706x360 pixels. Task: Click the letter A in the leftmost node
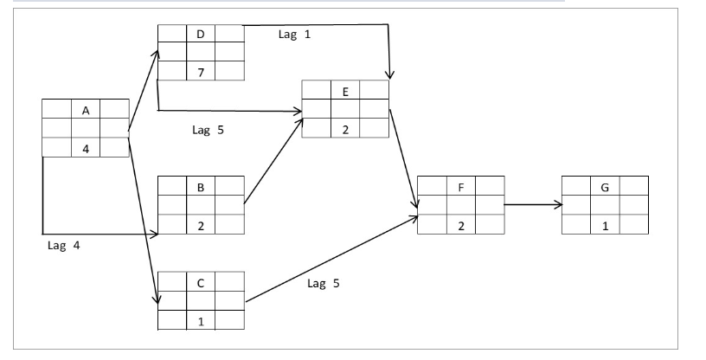pyautogui.click(x=86, y=110)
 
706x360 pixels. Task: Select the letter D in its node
pyautogui.click(x=201, y=34)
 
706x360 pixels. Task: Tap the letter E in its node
pyautogui.click(x=345, y=89)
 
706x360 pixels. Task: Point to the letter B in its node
pyautogui.click(x=201, y=186)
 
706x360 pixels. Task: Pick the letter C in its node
pyautogui.click(x=201, y=281)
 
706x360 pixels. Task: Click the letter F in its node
pyautogui.click(x=460, y=186)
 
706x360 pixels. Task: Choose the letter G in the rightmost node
pyautogui.click(x=605, y=186)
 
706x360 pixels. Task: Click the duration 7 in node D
pyautogui.click(x=201, y=72)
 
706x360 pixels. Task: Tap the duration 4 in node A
pyautogui.click(x=86, y=148)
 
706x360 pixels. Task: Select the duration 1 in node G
pyautogui.click(x=605, y=224)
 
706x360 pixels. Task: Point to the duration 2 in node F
pyautogui.click(x=460, y=224)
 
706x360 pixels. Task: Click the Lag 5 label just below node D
pyautogui.click(x=207, y=132)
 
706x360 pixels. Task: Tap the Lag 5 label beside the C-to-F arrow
pyautogui.click(x=323, y=284)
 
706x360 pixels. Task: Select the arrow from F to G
pyautogui.click(x=532, y=205)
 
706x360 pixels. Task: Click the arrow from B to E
pyautogui.click(x=273, y=160)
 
